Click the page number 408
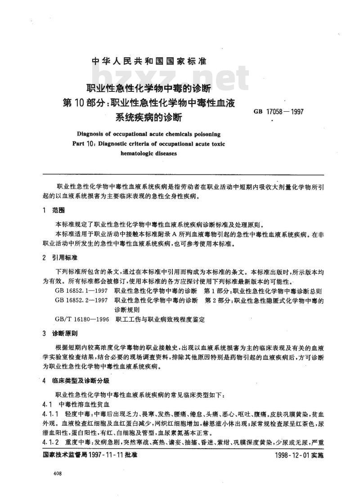click(58, 473)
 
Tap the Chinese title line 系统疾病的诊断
click(148, 118)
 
